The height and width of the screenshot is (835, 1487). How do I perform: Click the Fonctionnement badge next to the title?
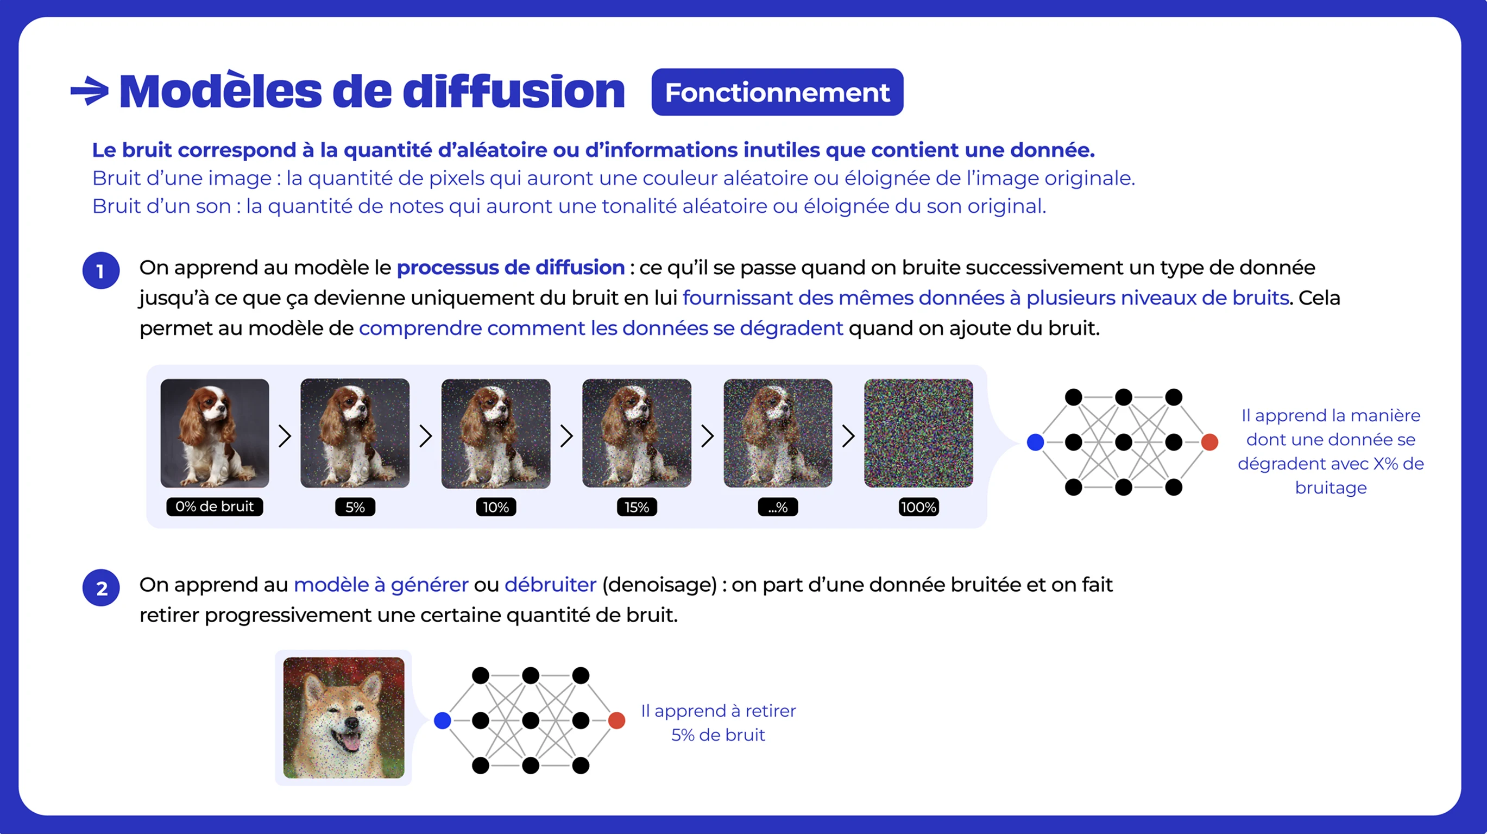coord(777,92)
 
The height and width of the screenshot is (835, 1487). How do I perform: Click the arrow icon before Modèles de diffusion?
coord(90,91)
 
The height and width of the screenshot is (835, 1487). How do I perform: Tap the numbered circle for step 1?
coord(101,270)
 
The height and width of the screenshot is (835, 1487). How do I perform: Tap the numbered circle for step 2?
coord(101,588)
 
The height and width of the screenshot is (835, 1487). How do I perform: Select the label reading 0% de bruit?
coord(214,507)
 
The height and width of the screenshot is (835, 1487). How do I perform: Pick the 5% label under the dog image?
coord(355,507)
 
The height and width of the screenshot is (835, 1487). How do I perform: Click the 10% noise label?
coord(496,507)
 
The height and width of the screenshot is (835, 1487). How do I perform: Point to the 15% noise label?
coord(637,507)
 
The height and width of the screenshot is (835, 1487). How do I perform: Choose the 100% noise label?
coord(918,507)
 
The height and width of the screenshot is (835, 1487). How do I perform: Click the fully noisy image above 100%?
coord(918,433)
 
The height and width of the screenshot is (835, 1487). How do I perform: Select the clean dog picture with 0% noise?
coord(215,433)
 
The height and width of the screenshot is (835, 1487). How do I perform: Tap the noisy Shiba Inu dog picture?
coord(344,718)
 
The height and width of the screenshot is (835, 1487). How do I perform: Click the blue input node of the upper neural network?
coord(1036,442)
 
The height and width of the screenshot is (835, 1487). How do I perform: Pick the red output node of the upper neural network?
coord(1209,442)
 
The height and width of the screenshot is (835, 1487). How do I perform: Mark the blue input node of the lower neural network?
coord(442,721)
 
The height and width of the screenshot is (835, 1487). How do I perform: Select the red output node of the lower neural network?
coord(616,721)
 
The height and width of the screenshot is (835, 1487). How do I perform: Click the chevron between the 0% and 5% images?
coord(285,437)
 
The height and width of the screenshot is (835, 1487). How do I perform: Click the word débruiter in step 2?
coord(550,585)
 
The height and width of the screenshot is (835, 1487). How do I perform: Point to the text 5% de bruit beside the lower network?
coord(718,735)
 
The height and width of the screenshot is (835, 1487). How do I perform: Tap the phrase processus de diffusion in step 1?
coord(511,268)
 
